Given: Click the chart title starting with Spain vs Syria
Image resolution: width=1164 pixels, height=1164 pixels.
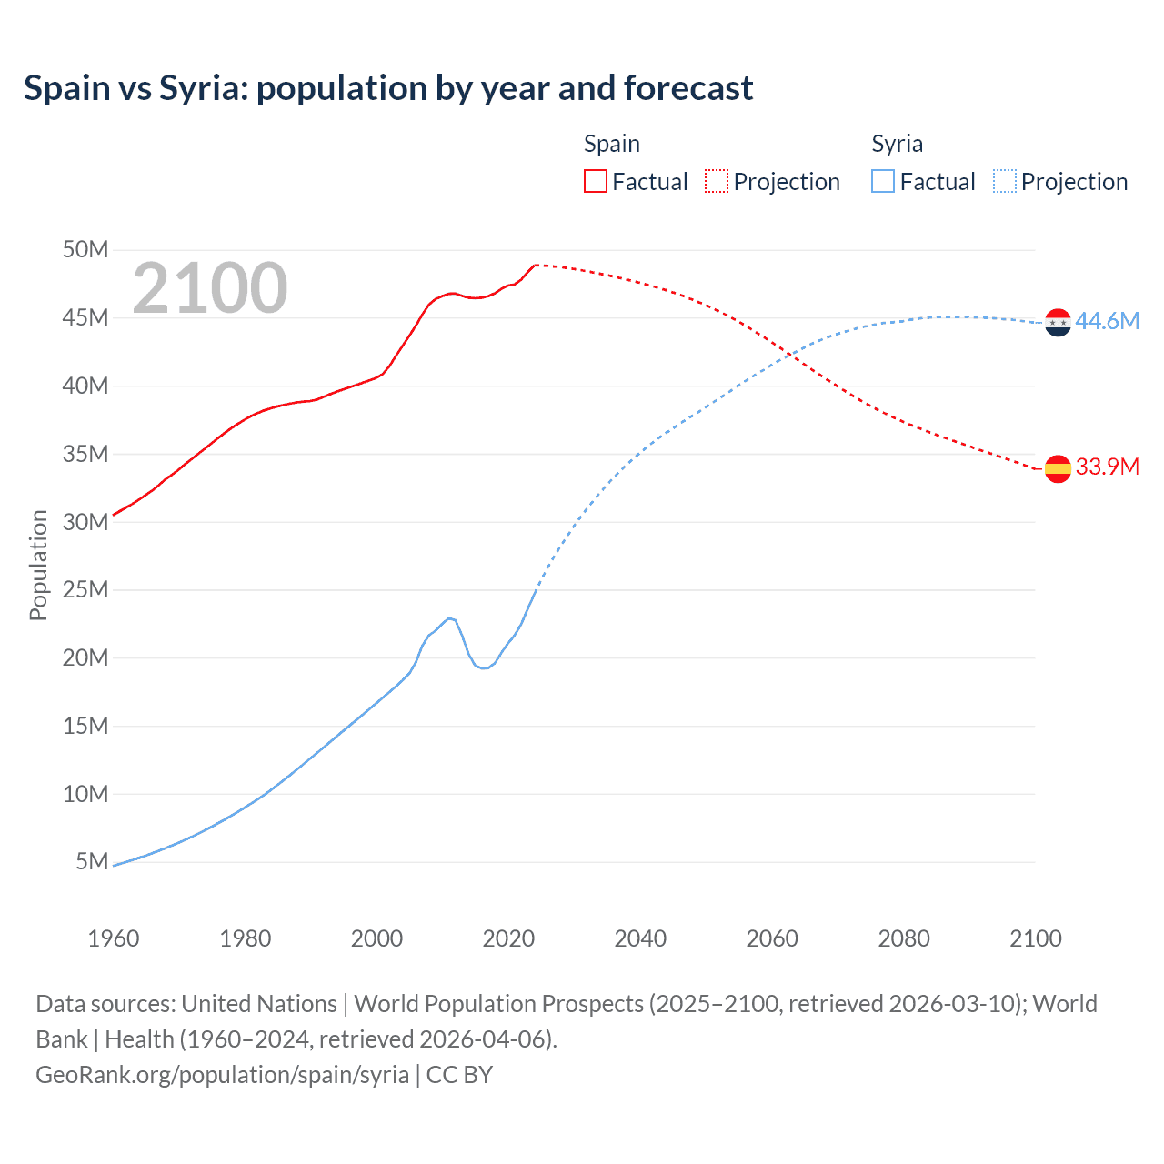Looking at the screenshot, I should click(388, 88).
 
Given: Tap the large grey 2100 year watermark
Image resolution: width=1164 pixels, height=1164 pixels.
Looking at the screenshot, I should click(210, 288).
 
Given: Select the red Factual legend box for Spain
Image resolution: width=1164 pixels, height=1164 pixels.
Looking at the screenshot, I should click(595, 181).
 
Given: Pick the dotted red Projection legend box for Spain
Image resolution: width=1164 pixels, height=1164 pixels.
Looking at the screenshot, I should click(717, 181).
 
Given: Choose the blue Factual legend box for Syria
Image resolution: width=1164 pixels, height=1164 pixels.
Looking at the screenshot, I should click(882, 181).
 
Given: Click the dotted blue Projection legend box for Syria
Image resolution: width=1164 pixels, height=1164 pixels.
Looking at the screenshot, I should click(1004, 181).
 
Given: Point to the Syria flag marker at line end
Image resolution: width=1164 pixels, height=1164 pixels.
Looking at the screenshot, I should click(1058, 322).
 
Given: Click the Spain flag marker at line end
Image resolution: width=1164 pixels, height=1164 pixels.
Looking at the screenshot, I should click(1058, 468).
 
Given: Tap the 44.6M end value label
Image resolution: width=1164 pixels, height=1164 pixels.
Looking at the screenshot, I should click(1107, 321).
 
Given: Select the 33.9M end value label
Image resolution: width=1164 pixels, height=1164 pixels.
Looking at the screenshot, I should click(1107, 467).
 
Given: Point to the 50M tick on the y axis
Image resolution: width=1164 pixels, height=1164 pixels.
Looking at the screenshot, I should click(85, 249).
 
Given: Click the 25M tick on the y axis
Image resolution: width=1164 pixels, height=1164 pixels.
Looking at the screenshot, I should click(85, 589).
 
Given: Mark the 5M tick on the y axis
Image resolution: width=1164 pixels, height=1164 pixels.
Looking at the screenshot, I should click(92, 861).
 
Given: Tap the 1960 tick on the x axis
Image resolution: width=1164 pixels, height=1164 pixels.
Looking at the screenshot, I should click(114, 938).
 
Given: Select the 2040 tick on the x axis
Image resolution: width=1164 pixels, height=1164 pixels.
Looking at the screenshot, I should click(640, 938).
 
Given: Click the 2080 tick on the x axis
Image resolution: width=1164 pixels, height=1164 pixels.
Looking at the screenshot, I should click(904, 938).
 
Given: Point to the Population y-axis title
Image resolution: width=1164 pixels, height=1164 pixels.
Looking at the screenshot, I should click(38, 565).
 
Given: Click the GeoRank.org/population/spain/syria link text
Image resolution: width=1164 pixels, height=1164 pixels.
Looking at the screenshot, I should click(223, 1074).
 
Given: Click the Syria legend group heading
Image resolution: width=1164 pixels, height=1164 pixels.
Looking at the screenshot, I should click(897, 144).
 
